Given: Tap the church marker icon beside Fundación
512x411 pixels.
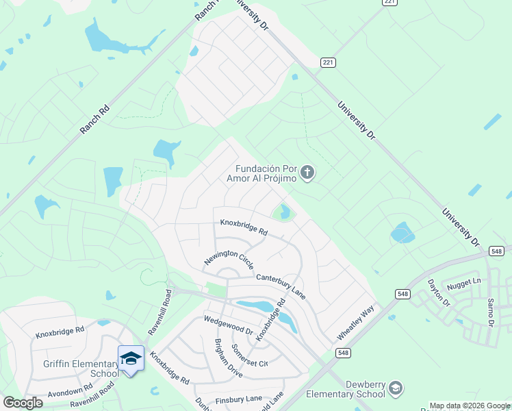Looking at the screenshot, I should tap(307, 173).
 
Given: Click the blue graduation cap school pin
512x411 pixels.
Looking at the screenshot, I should tap(131, 358).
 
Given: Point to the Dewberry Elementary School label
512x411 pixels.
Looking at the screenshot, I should tap(345, 389).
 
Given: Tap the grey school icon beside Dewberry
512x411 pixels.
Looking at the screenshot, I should tap(396, 389).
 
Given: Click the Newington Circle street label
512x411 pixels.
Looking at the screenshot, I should tap(229, 259).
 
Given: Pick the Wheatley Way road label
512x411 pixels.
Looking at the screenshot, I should tap(356, 323).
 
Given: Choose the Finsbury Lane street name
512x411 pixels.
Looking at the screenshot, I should tap(240, 398).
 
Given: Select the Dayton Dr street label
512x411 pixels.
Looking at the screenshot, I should tap(439, 292).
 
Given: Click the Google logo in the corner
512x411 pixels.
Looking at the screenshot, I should tap(23, 403).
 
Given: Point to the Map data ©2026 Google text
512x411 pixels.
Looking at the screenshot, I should tap(470, 406).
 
